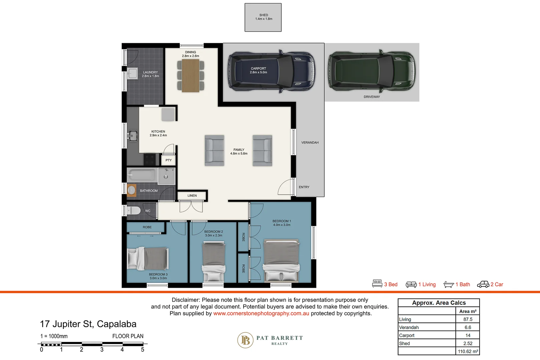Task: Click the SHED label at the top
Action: pyautogui.click(x=263, y=15)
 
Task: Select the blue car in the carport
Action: pyautogui.click(x=271, y=71)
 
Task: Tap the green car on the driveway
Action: pyautogui.click(x=372, y=71)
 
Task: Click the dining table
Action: pyautogui.click(x=191, y=75)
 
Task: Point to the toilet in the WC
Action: pyautogui.click(x=134, y=211)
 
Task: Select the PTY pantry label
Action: pyautogui.click(x=168, y=160)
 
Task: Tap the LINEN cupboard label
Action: pyautogui.click(x=192, y=196)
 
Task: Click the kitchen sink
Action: pyautogui.click(x=133, y=136)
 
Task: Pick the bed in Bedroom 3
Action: pyautogui.click(x=148, y=259)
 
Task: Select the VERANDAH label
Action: pyautogui.click(x=310, y=143)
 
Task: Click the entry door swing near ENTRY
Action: pyautogui.click(x=285, y=188)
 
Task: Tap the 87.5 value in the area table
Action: pyautogui.click(x=468, y=319)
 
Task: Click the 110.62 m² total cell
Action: pyautogui.click(x=468, y=351)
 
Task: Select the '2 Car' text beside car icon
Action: pyautogui.click(x=497, y=284)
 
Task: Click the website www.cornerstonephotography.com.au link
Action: pyautogui.click(x=261, y=313)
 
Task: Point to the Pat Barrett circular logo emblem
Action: pyautogui.click(x=245, y=340)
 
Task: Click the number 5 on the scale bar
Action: pyautogui.click(x=142, y=350)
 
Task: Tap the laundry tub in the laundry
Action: pyautogui.click(x=132, y=73)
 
